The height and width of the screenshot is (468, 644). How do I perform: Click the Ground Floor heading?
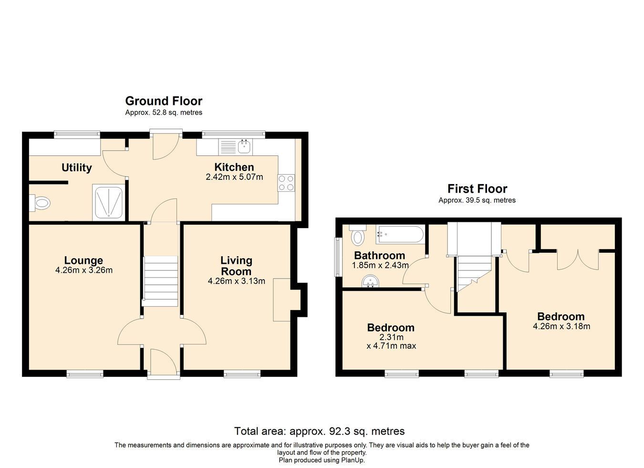(x=164, y=101)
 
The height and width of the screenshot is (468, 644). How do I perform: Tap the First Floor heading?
(x=477, y=189)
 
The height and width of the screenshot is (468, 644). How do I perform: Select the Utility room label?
(x=76, y=167)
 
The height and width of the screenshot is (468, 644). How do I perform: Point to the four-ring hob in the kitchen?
(x=286, y=183)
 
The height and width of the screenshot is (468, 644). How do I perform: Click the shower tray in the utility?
(x=109, y=202)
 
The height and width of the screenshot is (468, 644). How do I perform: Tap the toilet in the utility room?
(x=40, y=203)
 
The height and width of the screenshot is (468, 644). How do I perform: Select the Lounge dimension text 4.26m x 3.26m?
(x=83, y=270)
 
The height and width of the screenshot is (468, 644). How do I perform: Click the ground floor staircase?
(x=160, y=281)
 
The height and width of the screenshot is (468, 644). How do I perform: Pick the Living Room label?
(x=236, y=266)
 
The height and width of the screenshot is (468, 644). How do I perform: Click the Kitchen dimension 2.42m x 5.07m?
(x=234, y=177)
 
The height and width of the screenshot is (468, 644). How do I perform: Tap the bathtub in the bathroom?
(x=400, y=235)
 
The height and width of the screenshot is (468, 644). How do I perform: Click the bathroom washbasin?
(x=370, y=281)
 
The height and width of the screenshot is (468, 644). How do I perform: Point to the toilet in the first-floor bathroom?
(x=358, y=235)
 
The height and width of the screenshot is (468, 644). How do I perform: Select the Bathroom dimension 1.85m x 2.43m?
(x=380, y=265)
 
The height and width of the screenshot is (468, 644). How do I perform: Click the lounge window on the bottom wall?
(x=85, y=374)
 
